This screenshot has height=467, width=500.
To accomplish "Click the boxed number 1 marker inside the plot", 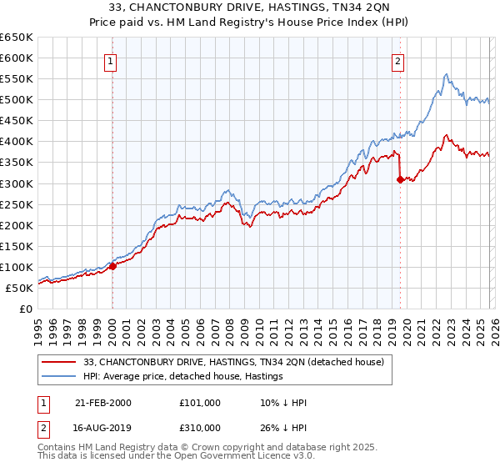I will (x=112, y=59).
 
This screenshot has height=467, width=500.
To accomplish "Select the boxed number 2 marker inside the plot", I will (x=398, y=59).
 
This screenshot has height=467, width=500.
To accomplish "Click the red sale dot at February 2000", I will (x=112, y=267).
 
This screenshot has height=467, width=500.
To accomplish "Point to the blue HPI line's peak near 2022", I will (x=447, y=74).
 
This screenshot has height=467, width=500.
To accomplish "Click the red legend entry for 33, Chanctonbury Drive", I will (x=233, y=363).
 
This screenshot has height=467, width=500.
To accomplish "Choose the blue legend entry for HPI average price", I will (x=183, y=377).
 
